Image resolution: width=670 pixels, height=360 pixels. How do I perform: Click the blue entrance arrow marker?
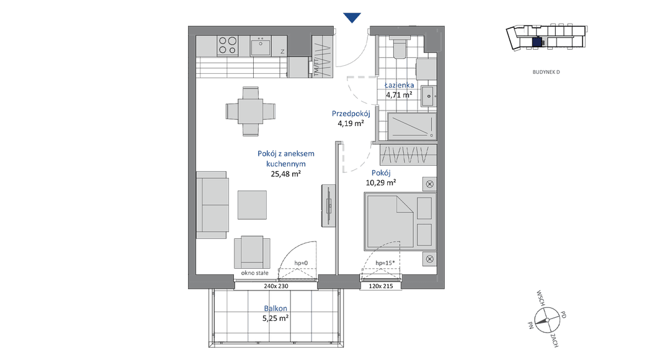point(352,17)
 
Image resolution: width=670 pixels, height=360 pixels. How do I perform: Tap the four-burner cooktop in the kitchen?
point(227,46)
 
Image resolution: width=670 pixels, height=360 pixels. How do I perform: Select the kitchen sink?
point(260,46)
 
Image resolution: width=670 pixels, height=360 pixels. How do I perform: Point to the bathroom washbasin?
point(429,96)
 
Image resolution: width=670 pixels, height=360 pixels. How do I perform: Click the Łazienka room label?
point(399,85)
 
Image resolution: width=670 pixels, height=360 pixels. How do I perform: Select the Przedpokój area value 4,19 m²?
point(351,124)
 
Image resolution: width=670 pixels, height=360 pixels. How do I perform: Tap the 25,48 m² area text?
point(286,174)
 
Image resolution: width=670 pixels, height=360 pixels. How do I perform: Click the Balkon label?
point(275,308)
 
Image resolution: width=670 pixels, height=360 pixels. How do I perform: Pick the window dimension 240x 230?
point(276,286)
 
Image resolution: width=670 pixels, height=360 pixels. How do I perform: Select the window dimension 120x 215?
point(381,286)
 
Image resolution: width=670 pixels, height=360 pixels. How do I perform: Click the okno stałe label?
point(255,272)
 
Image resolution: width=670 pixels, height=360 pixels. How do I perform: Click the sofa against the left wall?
point(212,205)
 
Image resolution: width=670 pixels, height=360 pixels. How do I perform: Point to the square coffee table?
point(252,205)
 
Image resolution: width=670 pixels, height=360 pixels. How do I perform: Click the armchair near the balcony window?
point(252,252)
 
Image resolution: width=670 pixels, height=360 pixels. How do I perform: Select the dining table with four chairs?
point(251,111)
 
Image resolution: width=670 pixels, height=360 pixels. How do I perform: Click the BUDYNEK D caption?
point(546,72)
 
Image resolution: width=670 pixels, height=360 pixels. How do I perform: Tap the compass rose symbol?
point(547,320)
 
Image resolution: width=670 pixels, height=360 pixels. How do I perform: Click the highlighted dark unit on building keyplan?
point(537,42)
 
